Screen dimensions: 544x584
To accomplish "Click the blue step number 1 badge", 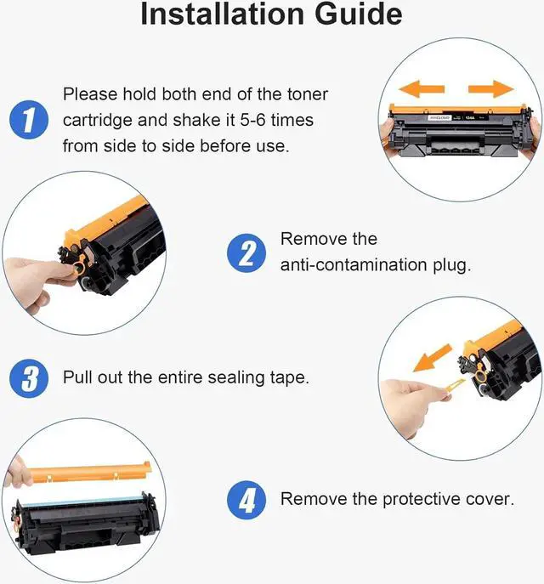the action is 29,120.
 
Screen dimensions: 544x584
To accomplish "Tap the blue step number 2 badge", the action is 246,252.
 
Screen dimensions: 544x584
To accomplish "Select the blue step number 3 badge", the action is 29,378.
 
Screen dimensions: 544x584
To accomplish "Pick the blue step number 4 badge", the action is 246,500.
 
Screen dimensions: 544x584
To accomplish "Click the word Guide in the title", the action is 358,14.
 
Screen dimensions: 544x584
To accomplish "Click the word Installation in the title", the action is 223,14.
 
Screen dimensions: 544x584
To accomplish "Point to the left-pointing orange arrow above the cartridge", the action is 422,89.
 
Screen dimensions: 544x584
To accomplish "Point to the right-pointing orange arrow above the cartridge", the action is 490,89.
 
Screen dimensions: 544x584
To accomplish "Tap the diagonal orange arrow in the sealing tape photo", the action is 433,358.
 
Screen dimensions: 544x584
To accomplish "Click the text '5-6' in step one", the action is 252,120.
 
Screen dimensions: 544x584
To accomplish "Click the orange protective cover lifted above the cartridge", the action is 90,472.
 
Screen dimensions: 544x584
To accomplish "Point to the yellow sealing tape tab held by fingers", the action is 453,386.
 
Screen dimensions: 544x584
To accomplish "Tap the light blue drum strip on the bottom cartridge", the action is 82,501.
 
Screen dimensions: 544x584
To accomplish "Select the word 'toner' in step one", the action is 308,94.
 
